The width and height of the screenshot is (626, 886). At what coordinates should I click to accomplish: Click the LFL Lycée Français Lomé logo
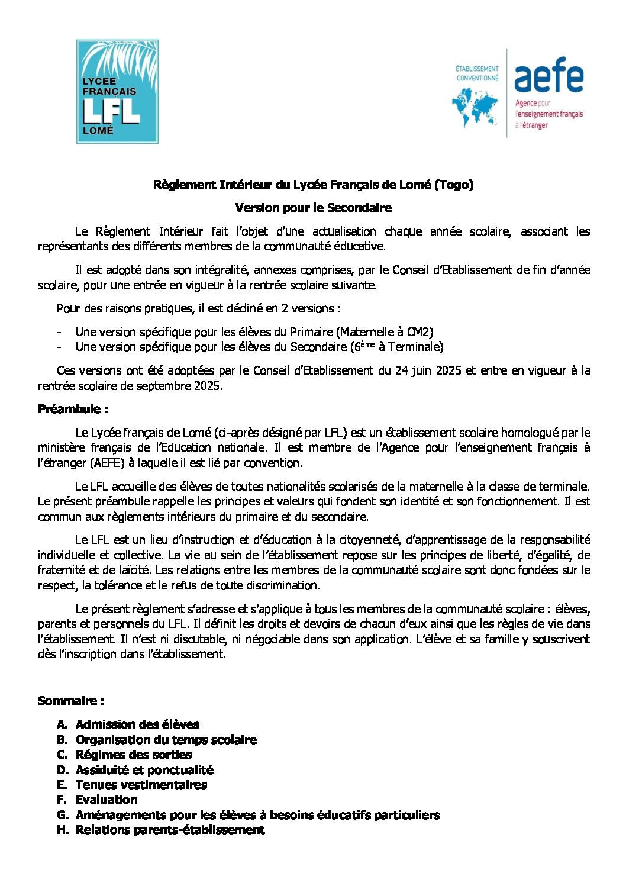(x=117, y=92)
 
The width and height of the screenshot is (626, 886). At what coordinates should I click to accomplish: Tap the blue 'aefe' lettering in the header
(x=548, y=75)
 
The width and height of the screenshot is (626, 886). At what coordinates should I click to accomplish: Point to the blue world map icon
(x=475, y=107)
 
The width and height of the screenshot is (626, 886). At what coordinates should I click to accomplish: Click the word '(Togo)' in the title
(x=454, y=185)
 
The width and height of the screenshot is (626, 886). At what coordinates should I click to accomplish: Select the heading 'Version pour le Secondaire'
(x=313, y=208)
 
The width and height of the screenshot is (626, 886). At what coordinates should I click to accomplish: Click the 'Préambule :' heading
(x=73, y=409)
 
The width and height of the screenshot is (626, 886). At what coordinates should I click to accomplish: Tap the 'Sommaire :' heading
(x=71, y=701)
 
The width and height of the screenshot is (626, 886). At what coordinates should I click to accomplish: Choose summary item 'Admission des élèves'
(x=137, y=724)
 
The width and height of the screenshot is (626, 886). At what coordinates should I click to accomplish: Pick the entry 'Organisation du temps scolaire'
(x=166, y=740)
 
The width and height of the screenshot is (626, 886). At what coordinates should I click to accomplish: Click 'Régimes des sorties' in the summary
(x=134, y=755)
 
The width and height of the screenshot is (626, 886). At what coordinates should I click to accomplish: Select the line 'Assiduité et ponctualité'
(x=144, y=770)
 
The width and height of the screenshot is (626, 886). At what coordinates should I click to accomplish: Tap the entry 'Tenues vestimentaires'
(x=141, y=785)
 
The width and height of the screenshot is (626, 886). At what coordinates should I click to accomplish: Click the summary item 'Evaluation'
(x=107, y=800)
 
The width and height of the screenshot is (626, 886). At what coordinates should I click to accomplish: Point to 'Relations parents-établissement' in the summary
(x=170, y=830)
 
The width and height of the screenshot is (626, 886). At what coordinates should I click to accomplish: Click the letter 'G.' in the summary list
(x=63, y=815)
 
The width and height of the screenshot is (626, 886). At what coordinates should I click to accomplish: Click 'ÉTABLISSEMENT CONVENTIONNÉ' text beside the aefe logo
(x=477, y=73)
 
